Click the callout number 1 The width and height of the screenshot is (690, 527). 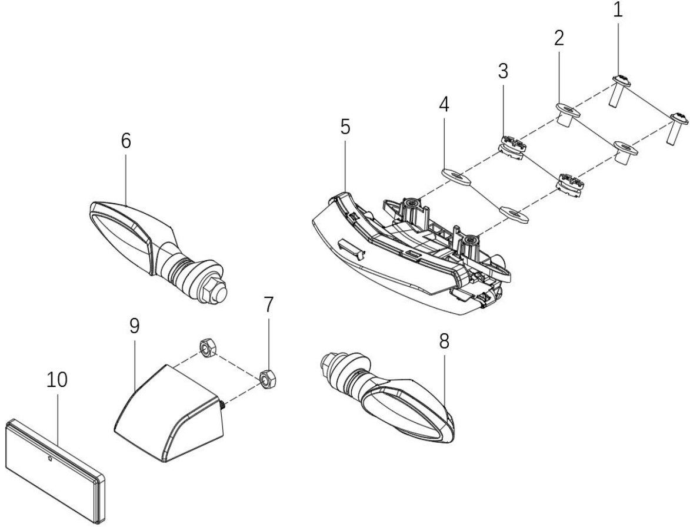(618, 9)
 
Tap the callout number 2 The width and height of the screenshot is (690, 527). (559, 39)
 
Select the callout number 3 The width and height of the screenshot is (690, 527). (503, 71)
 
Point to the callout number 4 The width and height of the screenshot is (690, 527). (444, 104)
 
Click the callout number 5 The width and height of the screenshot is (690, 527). (345, 127)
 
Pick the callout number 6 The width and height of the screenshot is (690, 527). (126, 141)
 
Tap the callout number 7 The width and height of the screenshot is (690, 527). (268, 304)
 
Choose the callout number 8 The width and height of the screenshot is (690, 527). (444, 341)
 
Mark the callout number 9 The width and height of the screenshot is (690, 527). (134, 326)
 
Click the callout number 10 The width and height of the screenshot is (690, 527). (57, 380)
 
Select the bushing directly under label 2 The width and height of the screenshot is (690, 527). (565, 114)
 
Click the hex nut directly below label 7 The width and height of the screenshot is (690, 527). (266, 379)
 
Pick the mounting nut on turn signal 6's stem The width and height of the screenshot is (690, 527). (212, 291)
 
